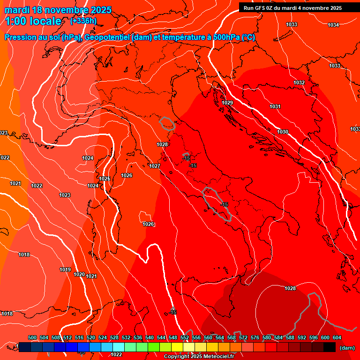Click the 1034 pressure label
333,25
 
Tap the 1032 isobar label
299,83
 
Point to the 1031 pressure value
275,107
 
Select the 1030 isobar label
283,132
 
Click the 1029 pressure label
227,103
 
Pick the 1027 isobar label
155,166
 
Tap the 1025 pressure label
105,179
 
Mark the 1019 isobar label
65,270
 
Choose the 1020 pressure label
80,274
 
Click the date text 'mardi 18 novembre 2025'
58,10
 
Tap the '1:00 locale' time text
33,21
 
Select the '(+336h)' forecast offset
83,21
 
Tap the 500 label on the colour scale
32,337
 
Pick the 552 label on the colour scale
185,337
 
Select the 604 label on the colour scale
337,337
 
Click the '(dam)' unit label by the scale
347,348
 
